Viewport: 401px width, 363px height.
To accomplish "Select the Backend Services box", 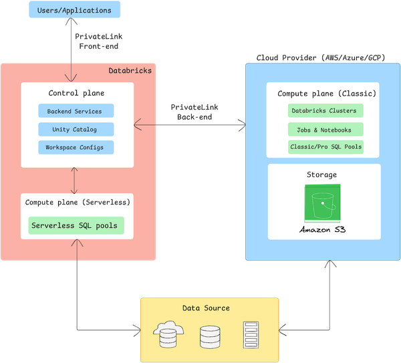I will click(x=76, y=110).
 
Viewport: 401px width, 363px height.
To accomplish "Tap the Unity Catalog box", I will click(x=76, y=128).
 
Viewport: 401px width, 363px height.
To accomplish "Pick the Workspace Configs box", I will click(x=76, y=146).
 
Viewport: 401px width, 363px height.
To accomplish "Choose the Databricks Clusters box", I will click(x=325, y=110).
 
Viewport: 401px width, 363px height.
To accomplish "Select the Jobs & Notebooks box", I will click(x=325, y=129).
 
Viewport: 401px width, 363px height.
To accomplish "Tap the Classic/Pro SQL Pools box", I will click(x=325, y=146).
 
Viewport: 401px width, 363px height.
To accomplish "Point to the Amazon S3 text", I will click(x=323, y=231).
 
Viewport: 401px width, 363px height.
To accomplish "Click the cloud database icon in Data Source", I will click(x=167, y=335).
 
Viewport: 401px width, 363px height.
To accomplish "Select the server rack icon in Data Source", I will click(x=251, y=335).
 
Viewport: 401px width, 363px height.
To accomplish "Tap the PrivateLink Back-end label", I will click(x=194, y=112).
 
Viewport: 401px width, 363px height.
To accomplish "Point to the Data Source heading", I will click(x=206, y=308).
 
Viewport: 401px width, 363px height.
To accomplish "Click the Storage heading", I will click(x=323, y=174).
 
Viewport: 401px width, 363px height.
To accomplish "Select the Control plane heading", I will click(x=76, y=93).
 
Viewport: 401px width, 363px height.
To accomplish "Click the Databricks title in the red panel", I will click(x=130, y=70).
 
